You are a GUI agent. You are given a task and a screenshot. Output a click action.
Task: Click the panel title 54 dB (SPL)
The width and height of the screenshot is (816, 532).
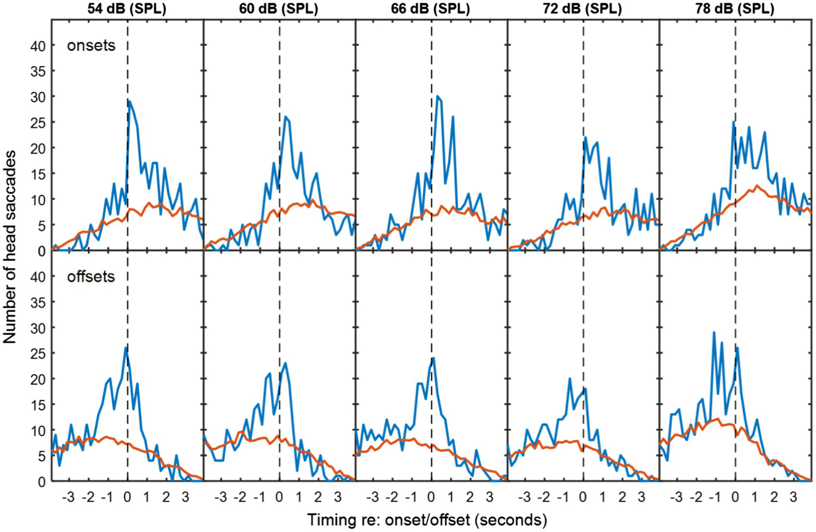[128, 9]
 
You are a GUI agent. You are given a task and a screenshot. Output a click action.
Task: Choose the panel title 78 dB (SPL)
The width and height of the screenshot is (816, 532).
[736, 9]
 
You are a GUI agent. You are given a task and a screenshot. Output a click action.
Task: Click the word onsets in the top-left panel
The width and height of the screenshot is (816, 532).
[91, 46]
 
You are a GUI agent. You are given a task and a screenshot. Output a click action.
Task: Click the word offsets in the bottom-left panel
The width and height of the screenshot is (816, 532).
[91, 276]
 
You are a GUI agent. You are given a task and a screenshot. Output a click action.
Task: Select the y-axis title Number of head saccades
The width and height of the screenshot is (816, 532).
[10, 246]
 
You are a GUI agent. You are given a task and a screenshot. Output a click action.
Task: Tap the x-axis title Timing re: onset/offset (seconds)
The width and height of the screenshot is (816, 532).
[427, 519]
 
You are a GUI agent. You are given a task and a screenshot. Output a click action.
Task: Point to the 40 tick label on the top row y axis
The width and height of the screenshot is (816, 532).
[38, 46]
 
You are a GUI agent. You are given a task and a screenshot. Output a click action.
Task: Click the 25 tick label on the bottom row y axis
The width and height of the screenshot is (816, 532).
[38, 353]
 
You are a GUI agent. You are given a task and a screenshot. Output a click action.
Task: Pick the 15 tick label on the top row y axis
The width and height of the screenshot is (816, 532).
[38, 174]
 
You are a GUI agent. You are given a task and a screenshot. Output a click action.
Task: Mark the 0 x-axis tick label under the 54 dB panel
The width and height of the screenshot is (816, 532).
[128, 498]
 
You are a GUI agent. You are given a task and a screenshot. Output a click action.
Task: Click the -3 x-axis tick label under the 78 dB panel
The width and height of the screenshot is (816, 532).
[676, 498]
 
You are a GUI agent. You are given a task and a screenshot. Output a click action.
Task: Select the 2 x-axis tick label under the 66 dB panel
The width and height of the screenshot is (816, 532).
[470, 498]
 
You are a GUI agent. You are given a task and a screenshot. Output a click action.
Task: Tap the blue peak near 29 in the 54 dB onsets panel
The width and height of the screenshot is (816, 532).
[129, 101]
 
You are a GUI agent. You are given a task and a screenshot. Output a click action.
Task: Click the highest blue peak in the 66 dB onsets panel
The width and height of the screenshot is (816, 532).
[437, 96]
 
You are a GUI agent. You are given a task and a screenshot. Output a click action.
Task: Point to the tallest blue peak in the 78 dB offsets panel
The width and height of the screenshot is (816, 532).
[714, 332]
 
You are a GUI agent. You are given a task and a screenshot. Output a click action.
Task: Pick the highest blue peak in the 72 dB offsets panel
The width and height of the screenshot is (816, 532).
[570, 379]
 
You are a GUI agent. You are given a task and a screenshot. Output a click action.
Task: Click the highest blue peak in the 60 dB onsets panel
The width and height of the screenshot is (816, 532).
[285, 116]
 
